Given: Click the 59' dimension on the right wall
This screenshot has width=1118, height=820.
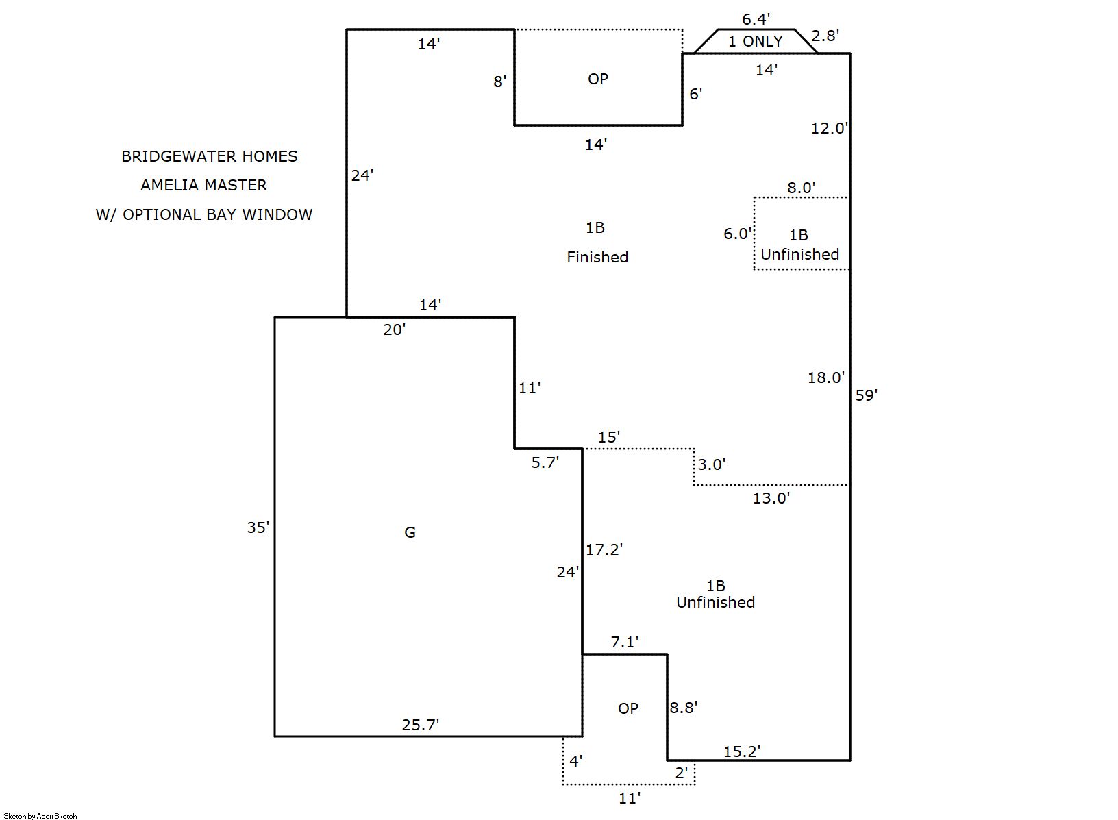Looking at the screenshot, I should click(x=866, y=395).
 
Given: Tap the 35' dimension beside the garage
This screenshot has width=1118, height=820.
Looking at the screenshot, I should click(x=258, y=527).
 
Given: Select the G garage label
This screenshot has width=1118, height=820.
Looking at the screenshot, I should click(x=410, y=532).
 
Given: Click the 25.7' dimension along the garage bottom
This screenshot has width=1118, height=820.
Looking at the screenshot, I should click(x=420, y=725).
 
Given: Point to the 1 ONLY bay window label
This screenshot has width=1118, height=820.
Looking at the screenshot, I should click(x=755, y=41).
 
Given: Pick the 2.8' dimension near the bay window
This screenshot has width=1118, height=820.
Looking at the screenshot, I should click(x=825, y=36).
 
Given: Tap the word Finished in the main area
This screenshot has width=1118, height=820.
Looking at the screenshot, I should click(x=597, y=257).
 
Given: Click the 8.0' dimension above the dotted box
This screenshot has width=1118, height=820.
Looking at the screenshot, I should click(x=801, y=188).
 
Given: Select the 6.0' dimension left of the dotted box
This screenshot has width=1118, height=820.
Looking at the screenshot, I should click(x=738, y=234).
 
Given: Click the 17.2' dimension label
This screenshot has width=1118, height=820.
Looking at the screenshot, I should click(x=604, y=549).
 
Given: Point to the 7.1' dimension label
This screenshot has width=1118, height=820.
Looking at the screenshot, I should click(x=624, y=642).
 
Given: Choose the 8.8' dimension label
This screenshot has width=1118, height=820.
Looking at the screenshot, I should click(x=683, y=708).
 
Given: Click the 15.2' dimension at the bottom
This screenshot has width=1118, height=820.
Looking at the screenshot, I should click(x=742, y=751).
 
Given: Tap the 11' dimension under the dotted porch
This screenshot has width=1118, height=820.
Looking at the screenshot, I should click(x=629, y=797).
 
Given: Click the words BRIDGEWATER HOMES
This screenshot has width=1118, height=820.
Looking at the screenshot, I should click(x=210, y=156).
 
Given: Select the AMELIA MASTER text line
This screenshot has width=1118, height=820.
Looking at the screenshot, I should click(x=204, y=185).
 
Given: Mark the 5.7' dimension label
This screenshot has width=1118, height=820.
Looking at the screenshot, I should click(x=545, y=462).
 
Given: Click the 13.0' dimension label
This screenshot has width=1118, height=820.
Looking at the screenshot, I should click(x=771, y=498).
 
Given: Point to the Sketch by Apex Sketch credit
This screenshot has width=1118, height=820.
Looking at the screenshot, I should click(x=40, y=816).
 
